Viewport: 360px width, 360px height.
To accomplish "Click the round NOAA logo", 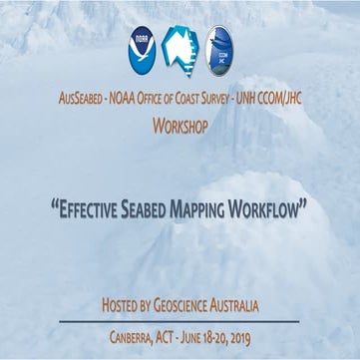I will pos(141,50).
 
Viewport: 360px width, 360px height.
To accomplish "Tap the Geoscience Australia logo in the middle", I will pos(180,49).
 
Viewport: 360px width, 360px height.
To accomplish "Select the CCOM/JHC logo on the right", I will pos(219,50).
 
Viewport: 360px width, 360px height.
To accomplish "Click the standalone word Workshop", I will pos(180,127).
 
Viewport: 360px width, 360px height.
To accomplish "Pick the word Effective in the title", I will pos(90,211).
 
